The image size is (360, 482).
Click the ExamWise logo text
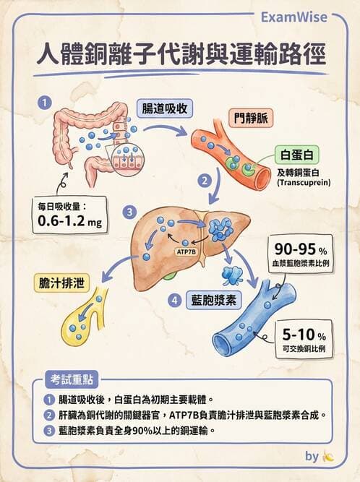coord(294,17)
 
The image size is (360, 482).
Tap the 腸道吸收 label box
coord(165,108)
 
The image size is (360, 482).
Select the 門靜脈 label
coord(251,118)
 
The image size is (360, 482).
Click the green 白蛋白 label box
coord(296,155)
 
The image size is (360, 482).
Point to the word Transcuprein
coord(304,183)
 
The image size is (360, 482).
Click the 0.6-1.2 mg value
coord(70,220)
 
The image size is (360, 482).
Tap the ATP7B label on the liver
coord(186,251)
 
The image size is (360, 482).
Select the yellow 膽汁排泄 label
coord(61,283)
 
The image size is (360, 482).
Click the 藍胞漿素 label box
coord(214,300)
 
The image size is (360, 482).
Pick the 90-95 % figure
coord(300,249)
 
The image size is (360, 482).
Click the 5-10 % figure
coord(304,335)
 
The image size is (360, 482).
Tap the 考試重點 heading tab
coord(72,380)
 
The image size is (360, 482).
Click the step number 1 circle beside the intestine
coord(45,103)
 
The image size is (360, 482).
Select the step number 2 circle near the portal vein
coord(205,181)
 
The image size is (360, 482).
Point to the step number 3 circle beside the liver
coord(129,212)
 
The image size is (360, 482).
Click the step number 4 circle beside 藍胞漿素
coord(175,300)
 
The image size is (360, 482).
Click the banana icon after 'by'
coord(327,457)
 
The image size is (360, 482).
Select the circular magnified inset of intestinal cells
coord(127,158)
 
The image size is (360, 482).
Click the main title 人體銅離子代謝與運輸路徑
coord(181,54)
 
